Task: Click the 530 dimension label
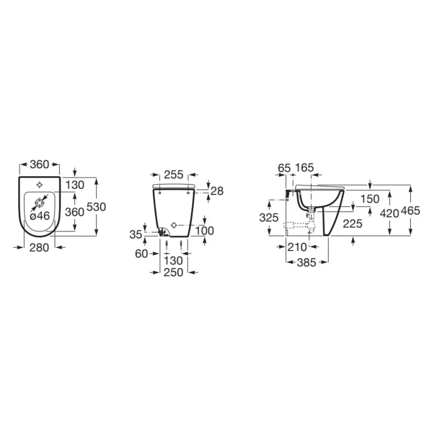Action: [x=96, y=207]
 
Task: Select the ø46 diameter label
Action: [x=39, y=216]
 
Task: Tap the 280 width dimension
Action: [x=39, y=248]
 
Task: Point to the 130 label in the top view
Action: [x=75, y=185]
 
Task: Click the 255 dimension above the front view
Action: [x=173, y=174]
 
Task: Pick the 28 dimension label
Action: [x=217, y=191]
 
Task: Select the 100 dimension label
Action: [x=204, y=231]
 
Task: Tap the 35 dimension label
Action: [x=136, y=235]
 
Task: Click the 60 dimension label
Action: [x=141, y=253]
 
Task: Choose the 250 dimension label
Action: [x=173, y=272]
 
